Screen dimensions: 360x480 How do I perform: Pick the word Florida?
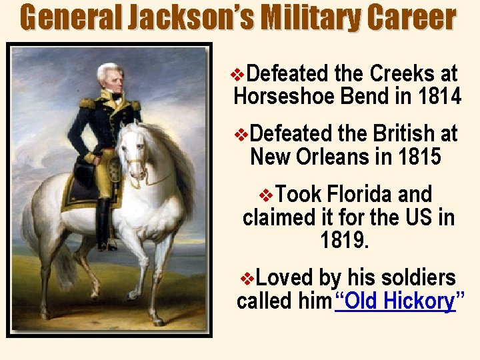click(361, 195)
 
